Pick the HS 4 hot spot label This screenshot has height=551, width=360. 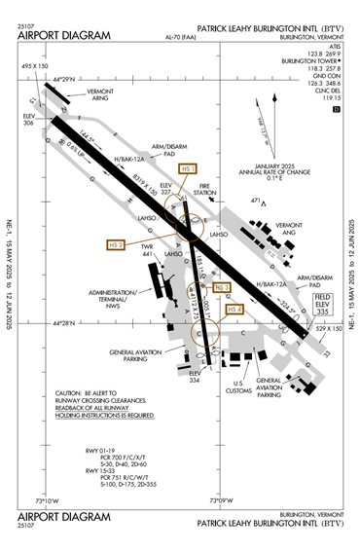(234, 309)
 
